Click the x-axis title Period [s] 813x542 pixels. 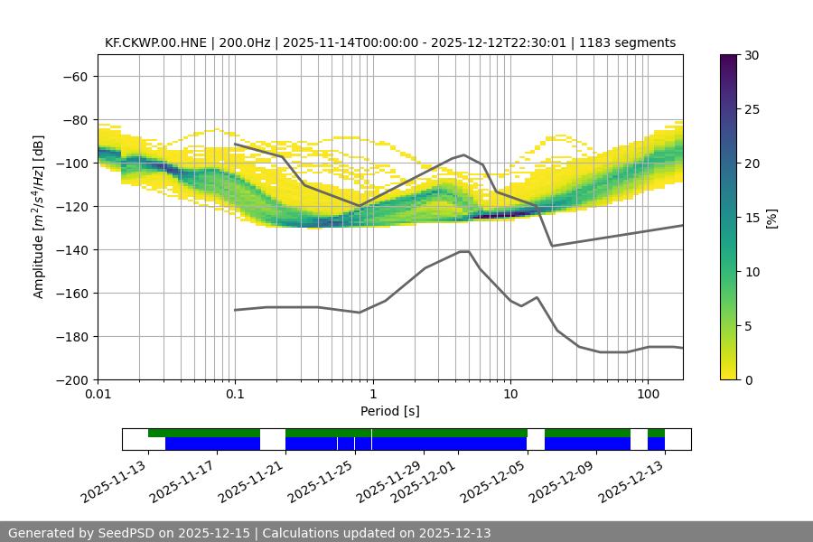[390, 411]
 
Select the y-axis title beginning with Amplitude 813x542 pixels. [39, 217]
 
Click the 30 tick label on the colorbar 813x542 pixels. [752, 55]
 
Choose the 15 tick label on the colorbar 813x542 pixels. [752, 218]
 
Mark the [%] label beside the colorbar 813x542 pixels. [771, 218]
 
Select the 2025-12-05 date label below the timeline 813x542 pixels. [494, 479]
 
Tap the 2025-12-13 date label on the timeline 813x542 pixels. [632, 479]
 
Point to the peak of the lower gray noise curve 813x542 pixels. [464, 251]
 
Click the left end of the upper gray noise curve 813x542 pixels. [235, 144]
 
